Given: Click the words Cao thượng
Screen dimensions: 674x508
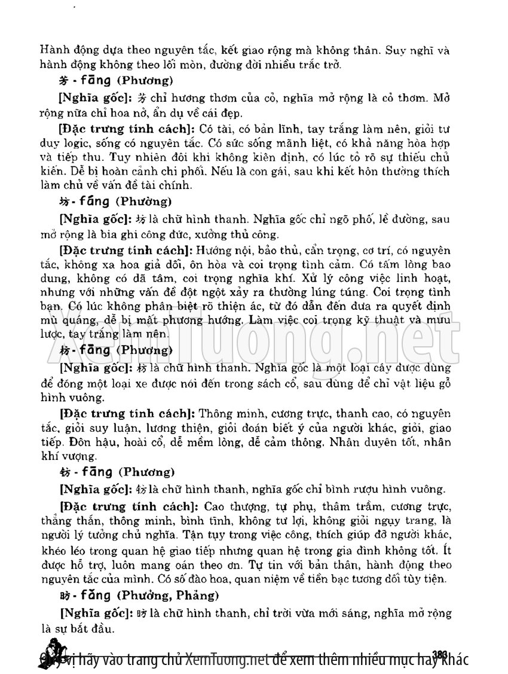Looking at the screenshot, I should (229, 505).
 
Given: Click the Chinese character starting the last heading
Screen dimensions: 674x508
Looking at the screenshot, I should (66, 596).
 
